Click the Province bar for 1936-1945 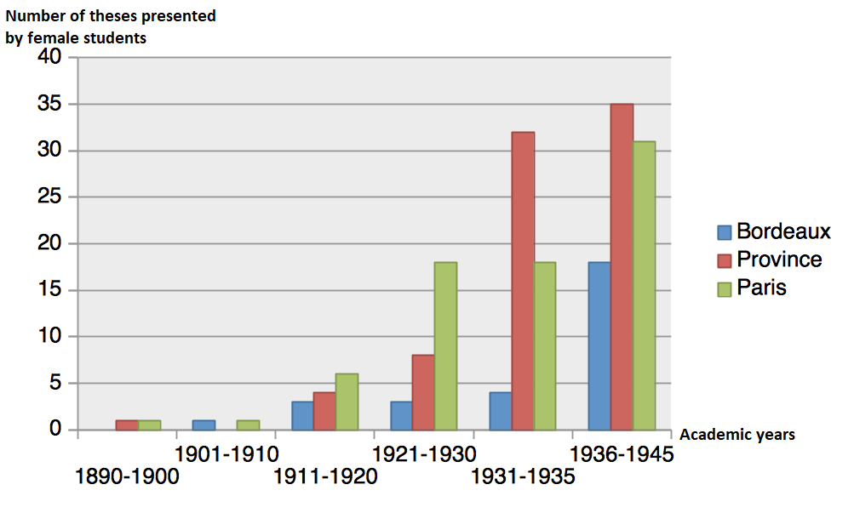point(622,267)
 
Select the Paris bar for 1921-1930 point(445,345)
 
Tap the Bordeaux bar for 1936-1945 point(599,345)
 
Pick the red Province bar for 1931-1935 point(523,281)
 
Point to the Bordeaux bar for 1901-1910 point(204,425)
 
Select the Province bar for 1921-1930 point(423,392)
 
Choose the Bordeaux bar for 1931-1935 point(501,411)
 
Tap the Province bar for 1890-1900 point(127,425)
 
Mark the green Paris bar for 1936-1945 point(644,286)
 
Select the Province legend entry point(770,259)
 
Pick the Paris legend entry point(752,288)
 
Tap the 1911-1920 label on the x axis point(325,476)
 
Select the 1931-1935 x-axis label point(523,476)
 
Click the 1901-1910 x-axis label point(226,454)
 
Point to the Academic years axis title point(737,435)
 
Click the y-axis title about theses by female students point(111,26)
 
